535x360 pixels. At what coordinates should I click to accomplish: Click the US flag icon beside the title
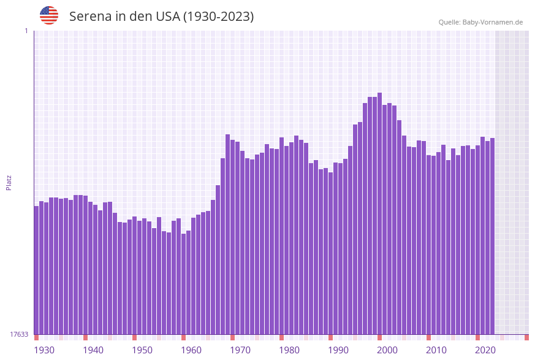(49, 15)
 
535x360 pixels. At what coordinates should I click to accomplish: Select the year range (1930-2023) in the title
(218, 17)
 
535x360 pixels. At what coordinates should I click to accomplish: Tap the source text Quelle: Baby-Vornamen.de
(480, 22)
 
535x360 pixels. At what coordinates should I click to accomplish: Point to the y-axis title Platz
(9, 182)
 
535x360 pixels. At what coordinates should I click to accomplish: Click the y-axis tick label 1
(26, 31)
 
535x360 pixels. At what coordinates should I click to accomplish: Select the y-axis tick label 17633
(19, 334)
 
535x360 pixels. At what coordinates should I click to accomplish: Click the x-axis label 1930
(44, 350)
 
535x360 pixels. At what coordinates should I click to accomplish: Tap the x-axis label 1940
(93, 350)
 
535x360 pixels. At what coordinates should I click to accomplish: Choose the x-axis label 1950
(142, 350)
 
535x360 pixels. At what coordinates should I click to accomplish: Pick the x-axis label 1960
(191, 350)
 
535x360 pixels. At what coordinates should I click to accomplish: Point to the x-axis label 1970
(240, 350)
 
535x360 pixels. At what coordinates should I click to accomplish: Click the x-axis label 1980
(289, 350)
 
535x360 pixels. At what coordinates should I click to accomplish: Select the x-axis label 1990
(338, 350)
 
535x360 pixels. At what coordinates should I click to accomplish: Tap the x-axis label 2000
(387, 350)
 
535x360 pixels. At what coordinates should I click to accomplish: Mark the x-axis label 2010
(436, 350)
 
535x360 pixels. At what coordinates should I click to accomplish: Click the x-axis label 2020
(485, 350)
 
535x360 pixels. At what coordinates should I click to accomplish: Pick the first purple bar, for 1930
(36, 270)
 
